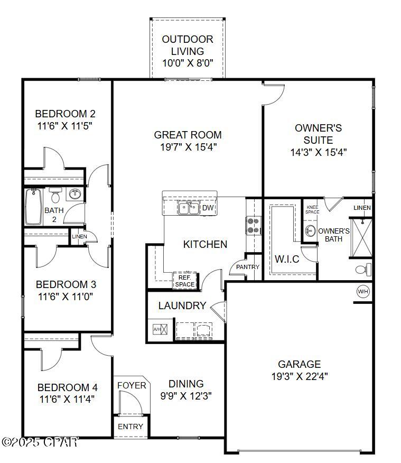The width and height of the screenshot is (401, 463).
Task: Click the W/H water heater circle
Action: (x=363, y=291)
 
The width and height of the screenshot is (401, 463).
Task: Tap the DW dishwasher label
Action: (x=208, y=208)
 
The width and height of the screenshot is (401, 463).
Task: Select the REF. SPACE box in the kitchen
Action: (x=185, y=281)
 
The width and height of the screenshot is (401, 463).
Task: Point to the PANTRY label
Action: (x=248, y=267)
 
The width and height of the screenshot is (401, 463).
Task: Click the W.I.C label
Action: (x=287, y=259)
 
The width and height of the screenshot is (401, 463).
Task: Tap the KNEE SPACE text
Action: (x=312, y=209)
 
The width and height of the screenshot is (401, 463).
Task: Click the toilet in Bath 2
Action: (x=54, y=197)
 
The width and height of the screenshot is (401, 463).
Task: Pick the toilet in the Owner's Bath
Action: (x=362, y=270)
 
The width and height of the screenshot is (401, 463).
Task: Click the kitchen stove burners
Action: (x=252, y=225)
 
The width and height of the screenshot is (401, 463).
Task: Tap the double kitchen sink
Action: (x=188, y=208)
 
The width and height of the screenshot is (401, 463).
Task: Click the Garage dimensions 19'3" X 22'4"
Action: (x=299, y=377)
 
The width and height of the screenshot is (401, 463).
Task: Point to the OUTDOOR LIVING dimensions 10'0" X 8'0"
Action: (x=188, y=63)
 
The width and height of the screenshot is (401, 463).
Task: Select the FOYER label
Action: (x=132, y=385)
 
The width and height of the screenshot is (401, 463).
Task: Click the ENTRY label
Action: (x=130, y=427)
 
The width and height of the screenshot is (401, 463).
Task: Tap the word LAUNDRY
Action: (x=182, y=305)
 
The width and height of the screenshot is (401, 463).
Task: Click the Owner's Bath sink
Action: (x=310, y=231)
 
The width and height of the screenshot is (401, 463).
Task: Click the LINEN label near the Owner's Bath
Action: (x=362, y=208)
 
